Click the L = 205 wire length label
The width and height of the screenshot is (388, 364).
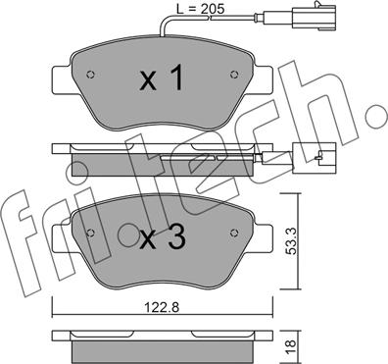200,8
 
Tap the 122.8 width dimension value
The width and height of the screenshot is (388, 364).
163,308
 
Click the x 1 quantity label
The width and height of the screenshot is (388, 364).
161,78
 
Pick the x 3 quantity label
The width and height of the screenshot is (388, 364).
163,237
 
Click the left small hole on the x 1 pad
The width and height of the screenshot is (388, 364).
90,75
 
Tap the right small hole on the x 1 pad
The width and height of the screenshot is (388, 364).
233,75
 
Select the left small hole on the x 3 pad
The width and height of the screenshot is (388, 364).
90,233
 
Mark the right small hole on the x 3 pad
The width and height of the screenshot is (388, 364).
233,233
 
